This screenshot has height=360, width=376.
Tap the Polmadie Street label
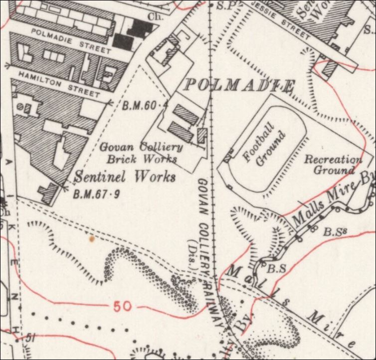point(70,40)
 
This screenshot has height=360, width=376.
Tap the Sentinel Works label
point(125,177)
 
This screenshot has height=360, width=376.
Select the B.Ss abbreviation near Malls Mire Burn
point(333,232)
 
